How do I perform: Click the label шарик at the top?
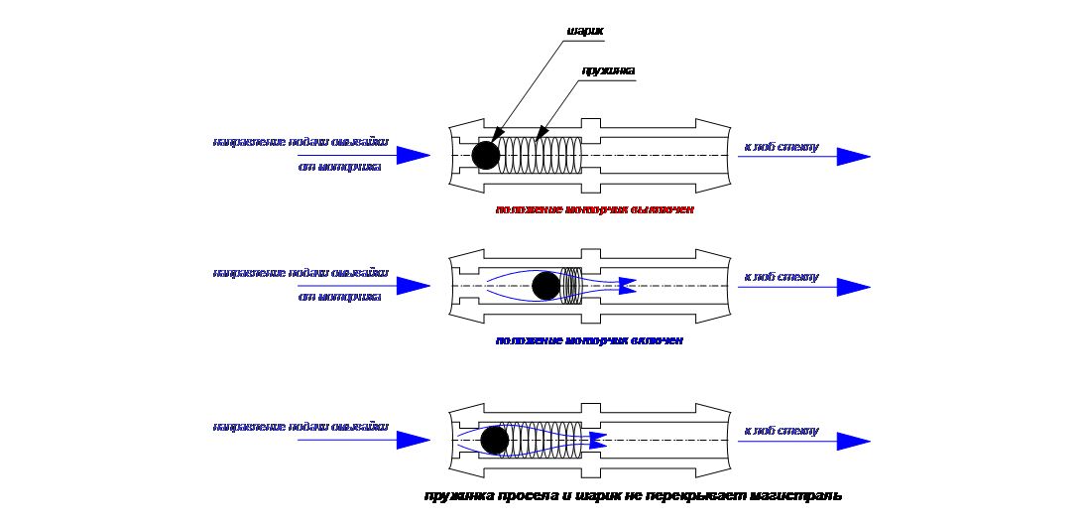[x=584, y=31]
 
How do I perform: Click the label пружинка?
[x=607, y=70]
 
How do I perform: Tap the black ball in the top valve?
[x=486, y=155]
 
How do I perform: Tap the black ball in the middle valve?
[x=545, y=287]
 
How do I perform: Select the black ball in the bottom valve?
[x=494, y=441]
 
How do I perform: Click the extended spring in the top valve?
[x=541, y=156]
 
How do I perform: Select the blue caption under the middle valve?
[x=589, y=340]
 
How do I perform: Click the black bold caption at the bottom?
[x=633, y=495]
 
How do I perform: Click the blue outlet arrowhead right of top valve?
[x=853, y=156]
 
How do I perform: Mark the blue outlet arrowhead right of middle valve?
[x=853, y=287]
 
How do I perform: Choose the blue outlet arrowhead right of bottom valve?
[x=853, y=441]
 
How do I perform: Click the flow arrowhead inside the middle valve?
[x=625, y=286]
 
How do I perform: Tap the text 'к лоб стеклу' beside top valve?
[x=782, y=148]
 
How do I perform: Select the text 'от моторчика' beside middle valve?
[x=340, y=296]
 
